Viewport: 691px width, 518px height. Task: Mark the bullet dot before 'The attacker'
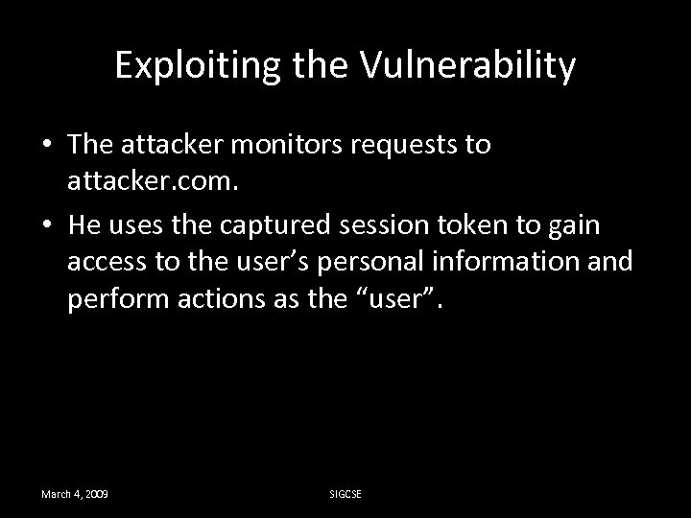[x=47, y=147]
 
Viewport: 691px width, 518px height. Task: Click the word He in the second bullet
[x=83, y=228]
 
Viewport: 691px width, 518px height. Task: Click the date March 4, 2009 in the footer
[x=74, y=493]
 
